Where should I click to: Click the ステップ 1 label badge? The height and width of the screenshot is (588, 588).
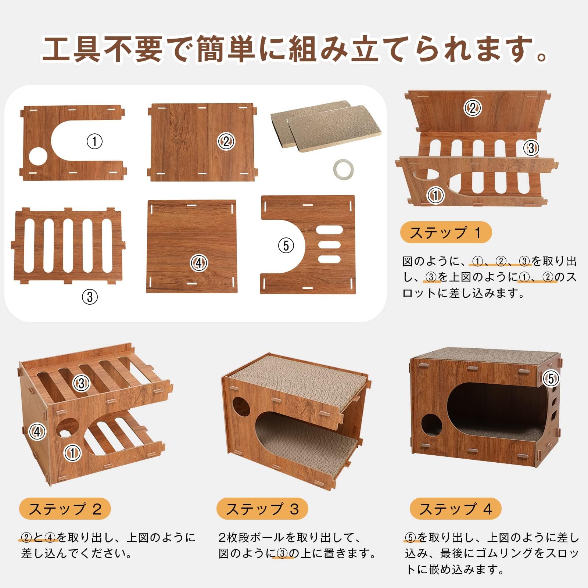[446, 232]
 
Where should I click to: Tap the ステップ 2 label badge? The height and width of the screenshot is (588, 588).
[65, 509]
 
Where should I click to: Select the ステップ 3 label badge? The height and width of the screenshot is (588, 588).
[262, 509]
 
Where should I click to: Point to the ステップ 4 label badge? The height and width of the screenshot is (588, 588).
[456, 509]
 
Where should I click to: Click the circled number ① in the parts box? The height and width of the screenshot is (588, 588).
[94, 141]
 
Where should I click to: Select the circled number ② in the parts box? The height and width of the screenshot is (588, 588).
[226, 141]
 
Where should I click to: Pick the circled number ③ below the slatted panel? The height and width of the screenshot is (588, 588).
[90, 297]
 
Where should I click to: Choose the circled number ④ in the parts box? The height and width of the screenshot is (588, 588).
[199, 263]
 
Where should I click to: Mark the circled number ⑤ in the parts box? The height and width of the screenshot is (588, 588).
[286, 245]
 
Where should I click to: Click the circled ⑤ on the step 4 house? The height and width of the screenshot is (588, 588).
[551, 378]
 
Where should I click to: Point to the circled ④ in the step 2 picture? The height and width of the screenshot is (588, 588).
[37, 431]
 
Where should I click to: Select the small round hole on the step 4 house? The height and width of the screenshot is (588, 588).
[432, 426]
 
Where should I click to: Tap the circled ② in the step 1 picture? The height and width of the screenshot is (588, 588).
[473, 108]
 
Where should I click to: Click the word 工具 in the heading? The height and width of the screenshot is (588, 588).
[71, 48]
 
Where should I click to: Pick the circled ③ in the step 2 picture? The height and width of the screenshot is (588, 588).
[81, 383]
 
